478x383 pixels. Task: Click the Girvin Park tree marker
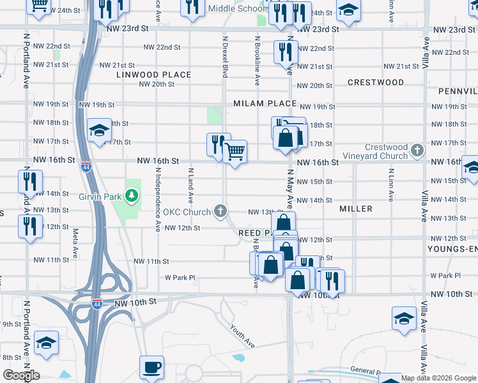132,195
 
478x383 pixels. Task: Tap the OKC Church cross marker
220,211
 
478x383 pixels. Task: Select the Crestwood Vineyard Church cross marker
417,151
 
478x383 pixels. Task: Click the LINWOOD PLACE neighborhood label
154,75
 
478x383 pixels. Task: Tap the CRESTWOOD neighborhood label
376,82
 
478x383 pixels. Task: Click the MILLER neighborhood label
356,209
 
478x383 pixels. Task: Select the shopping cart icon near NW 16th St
235,152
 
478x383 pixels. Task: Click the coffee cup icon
151,368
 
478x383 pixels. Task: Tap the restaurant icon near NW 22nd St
285,51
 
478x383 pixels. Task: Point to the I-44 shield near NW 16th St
86,167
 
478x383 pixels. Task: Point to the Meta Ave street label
75,243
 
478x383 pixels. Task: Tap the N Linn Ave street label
390,183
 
